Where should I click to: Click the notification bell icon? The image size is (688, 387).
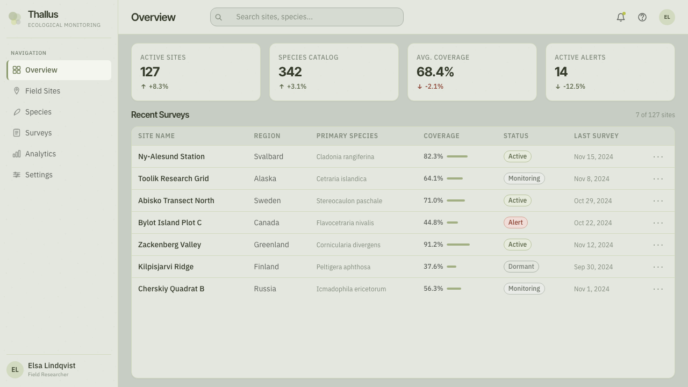pos(621,17)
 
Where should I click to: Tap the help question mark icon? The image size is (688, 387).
pos(642,17)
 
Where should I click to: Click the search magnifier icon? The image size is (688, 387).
pos(218,17)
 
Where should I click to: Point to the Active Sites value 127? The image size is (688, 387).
pos(150,72)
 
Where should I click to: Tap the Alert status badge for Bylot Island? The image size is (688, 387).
pos(515,223)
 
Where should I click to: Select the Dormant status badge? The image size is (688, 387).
pos(521,267)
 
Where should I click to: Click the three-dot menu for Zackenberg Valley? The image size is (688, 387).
pos(658,245)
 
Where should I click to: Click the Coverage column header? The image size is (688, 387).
pos(441,136)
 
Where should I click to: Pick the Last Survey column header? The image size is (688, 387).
pos(596,136)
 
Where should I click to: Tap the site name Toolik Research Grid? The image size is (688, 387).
pos(173,178)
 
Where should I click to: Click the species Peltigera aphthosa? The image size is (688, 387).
pos(343,267)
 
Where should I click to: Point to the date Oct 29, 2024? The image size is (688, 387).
pos(593,201)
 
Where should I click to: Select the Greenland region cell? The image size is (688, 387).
pos(271,245)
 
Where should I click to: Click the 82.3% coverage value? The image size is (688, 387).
pos(433,156)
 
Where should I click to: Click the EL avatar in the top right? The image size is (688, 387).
pos(667,17)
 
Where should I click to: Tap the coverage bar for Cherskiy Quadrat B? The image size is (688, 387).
pos(454,289)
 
